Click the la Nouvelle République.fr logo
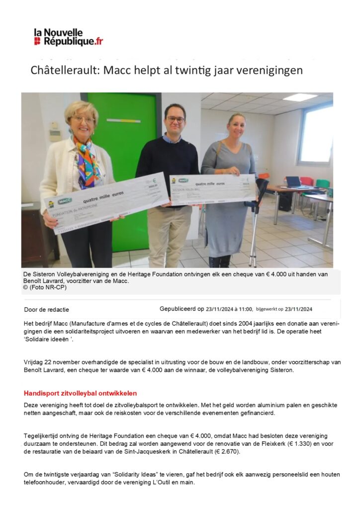[68, 37]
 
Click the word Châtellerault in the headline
[63, 70]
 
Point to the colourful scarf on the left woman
[88, 159]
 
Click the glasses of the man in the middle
[175, 119]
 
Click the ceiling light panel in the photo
[300, 97]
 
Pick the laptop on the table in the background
[293, 181]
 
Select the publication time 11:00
[245, 309]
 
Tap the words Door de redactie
[47, 310]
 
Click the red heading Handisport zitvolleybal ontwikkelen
[80, 393]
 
